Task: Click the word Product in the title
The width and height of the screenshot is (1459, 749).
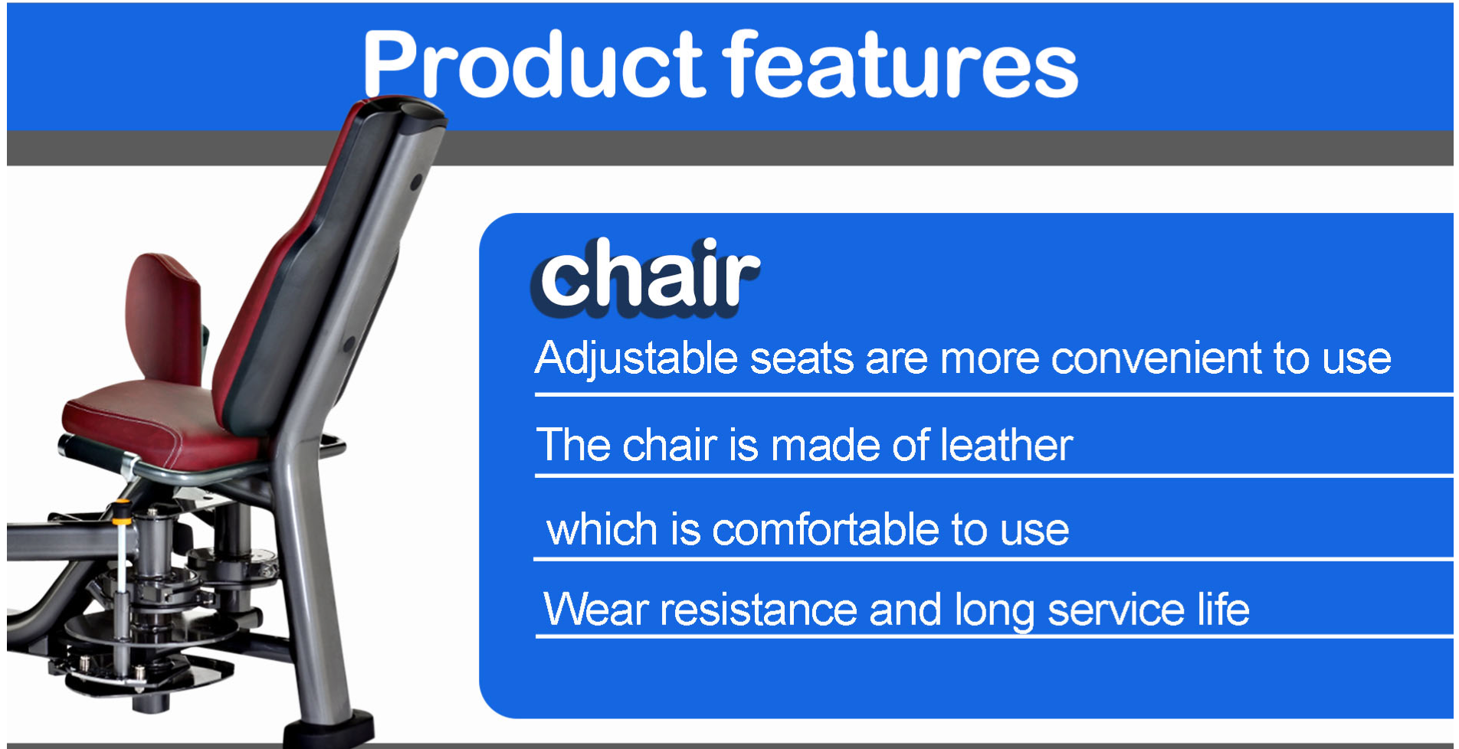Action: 533,66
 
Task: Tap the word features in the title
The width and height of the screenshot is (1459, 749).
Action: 902,64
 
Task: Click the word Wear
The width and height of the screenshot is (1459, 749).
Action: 595,610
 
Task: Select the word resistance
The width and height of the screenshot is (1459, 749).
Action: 758,610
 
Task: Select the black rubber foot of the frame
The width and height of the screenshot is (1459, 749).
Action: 330,731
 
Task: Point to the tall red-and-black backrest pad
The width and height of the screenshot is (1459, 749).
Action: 322,268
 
